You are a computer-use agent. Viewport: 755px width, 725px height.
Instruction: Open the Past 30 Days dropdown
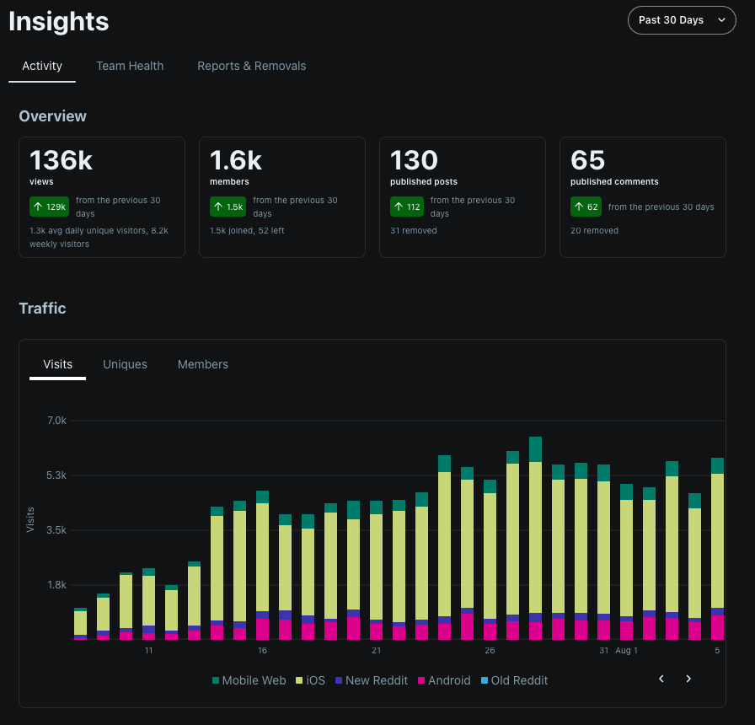click(x=682, y=20)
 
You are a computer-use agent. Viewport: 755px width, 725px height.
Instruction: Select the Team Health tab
click(x=130, y=66)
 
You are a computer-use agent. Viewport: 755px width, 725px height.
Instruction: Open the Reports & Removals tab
click(x=252, y=66)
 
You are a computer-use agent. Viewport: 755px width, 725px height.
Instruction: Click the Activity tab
click(x=42, y=66)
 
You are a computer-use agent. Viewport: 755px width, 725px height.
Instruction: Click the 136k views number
click(x=62, y=160)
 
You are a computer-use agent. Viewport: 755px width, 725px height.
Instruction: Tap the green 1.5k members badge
click(x=228, y=207)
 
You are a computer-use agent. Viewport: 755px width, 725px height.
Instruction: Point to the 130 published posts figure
click(x=414, y=160)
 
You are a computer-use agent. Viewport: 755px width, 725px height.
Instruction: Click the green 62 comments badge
click(x=586, y=207)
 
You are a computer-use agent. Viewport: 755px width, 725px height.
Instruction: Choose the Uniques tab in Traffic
click(x=126, y=364)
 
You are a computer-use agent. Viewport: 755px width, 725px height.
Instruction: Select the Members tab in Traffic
click(x=203, y=364)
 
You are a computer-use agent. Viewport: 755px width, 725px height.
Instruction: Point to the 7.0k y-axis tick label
click(x=56, y=421)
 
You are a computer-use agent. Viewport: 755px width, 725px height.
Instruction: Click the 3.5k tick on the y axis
click(x=56, y=530)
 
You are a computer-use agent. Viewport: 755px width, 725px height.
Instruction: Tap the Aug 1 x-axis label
click(x=626, y=650)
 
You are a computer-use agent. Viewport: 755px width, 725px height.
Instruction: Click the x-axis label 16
click(x=262, y=650)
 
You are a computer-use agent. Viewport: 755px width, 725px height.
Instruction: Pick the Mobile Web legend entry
click(x=249, y=680)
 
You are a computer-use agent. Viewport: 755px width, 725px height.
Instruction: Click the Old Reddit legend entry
click(x=514, y=680)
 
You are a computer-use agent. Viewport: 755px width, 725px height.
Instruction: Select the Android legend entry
click(x=444, y=680)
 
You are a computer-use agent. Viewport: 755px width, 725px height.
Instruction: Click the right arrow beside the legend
click(x=688, y=679)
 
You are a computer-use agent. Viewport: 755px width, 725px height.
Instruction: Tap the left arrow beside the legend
click(x=661, y=679)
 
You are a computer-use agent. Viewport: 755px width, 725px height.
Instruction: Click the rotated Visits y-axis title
click(x=30, y=519)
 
